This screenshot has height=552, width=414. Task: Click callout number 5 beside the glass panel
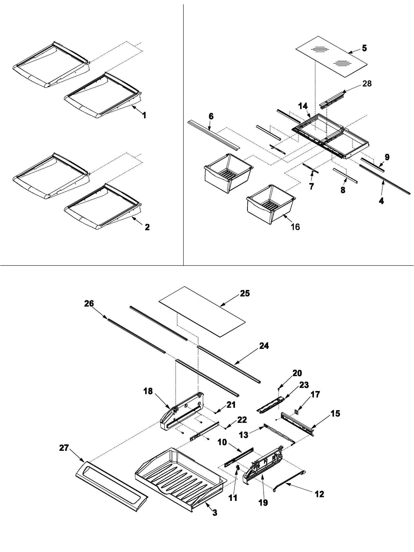(364, 48)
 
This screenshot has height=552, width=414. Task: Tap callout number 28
(367, 84)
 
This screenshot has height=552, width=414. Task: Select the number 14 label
(303, 106)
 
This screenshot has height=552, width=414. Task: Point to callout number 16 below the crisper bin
(295, 227)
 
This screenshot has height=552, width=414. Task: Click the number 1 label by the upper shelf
(145, 115)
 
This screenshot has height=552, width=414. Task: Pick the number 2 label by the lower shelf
(147, 227)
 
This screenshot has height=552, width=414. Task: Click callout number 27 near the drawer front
(64, 447)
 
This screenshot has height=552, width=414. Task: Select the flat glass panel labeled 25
(202, 311)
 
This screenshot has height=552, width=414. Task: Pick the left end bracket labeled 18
(181, 414)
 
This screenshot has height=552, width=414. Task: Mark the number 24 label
(264, 346)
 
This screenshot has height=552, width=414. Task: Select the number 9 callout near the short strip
(387, 157)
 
